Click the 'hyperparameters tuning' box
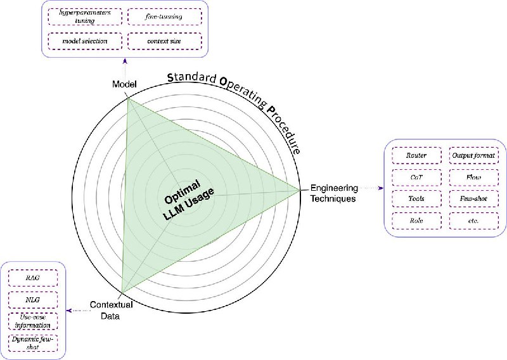(x=85, y=16)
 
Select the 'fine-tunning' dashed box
(x=165, y=16)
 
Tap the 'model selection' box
(x=85, y=41)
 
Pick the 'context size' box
(x=165, y=41)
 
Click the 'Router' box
(x=416, y=155)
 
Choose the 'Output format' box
(x=473, y=155)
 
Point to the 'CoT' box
(x=416, y=177)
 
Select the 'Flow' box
(x=473, y=177)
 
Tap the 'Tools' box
(x=416, y=198)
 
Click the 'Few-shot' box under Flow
(x=473, y=198)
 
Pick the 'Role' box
(x=416, y=221)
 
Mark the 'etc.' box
(x=473, y=221)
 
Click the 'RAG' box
(x=33, y=278)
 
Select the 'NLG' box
(x=33, y=300)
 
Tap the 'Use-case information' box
(x=33, y=321)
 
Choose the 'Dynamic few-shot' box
(x=33, y=343)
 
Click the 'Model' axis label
(x=124, y=84)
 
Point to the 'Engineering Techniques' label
(x=334, y=193)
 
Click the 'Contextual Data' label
(x=112, y=310)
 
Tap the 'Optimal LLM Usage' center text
(x=188, y=200)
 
